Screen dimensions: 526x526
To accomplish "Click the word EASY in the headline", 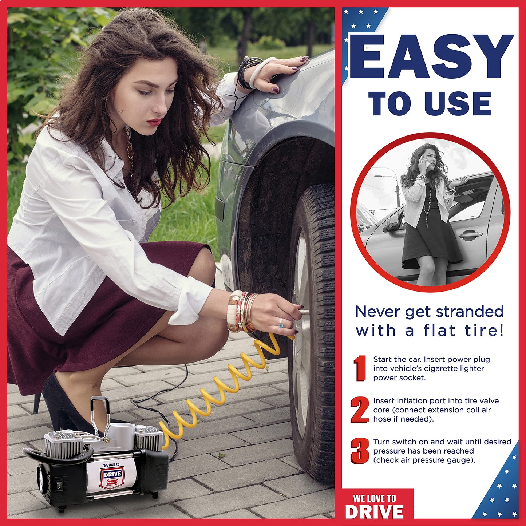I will pyautogui.click(x=431, y=58).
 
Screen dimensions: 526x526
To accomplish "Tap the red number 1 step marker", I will pyautogui.click(x=360, y=368).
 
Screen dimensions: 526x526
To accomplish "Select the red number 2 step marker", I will pyautogui.click(x=360, y=410).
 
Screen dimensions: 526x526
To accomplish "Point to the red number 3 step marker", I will pyautogui.click(x=360, y=451).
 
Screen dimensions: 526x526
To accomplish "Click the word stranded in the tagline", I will pyautogui.click(x=470, y=312).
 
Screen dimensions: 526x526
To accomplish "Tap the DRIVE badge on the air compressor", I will pyautogui.click(x=112, y=475).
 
